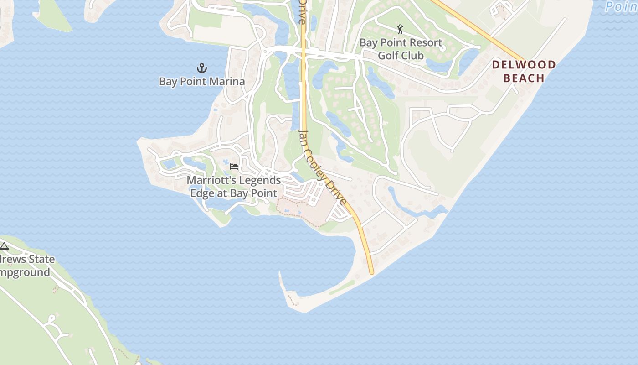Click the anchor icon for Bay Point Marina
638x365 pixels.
pos(202,68)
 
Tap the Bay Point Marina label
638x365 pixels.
pos(202,82)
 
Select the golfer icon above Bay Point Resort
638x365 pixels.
pos(400,30)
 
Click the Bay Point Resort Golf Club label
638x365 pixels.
pos(401,49)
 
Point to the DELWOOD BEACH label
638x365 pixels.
pos(524,71)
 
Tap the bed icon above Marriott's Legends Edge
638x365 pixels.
pos(234,166)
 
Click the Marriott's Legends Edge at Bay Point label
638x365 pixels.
pos(233,187)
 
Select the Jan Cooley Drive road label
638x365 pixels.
pos(322,167)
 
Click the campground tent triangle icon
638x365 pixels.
pos(5,246)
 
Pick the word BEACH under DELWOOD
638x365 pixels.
pos(524,78)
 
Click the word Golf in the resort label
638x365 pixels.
pos(388,56)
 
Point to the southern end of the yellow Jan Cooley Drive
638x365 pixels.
pos(371,272)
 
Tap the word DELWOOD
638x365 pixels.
pos(524,65)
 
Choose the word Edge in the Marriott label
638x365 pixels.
pos(202,193)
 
